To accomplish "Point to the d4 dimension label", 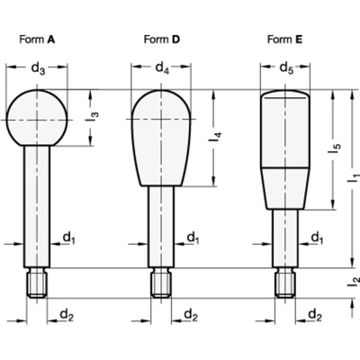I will [162, 68].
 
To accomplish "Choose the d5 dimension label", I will [285, 68].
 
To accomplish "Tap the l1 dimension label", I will [354, 180].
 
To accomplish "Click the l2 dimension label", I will [354, 282].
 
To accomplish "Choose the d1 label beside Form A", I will [68, 237].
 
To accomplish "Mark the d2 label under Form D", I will [191, 313].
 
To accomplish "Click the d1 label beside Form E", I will [316, 237].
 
